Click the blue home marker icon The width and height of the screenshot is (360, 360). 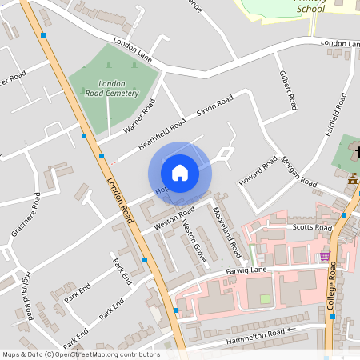pos(180,173)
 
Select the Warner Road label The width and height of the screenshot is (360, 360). pos(139,115)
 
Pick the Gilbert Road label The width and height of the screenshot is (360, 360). pos(288,90)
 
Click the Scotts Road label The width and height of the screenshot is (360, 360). pos(312,228)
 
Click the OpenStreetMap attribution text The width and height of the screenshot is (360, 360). pos(80,354)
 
